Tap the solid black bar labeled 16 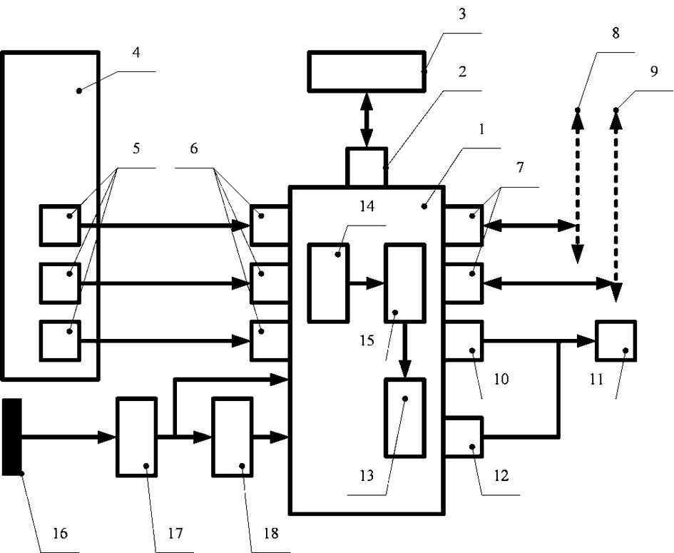[12, 437]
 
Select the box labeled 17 [136, 437]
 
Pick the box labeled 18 [232, 437]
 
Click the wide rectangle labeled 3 [367, 71]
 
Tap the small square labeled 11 [616, 342]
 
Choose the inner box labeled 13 [405, 417]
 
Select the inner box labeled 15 [405, 283]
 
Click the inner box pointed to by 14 [328, 283]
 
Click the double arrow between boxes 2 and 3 [367, 119]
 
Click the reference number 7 [521, 168]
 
